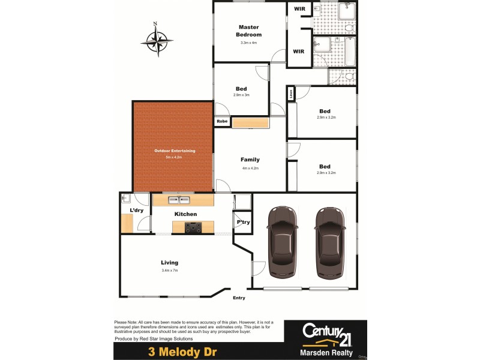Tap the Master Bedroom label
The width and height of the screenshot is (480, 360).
coord(249,31)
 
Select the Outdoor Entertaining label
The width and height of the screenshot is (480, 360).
coord(175,151)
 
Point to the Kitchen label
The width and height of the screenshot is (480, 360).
coord(185,214)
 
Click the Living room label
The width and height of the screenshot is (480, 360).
coord(169,262)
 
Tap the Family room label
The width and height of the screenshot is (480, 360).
coord(250,160)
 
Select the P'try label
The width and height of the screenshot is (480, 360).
coord(243,223)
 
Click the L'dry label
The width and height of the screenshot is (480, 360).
coord(136,211)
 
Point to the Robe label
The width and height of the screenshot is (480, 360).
coord(222,122)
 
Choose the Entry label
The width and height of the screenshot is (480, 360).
coord(239,298)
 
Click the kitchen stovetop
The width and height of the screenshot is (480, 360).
coord(194,227)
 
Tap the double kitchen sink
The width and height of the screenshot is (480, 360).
coord(179,200)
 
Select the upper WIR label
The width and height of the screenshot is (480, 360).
coord(299,10)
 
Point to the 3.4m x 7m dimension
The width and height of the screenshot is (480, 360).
coord(170,271)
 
